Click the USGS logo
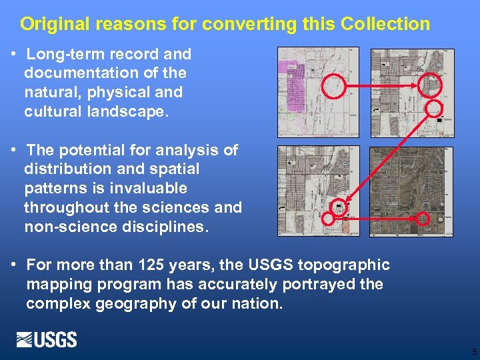[x=47, y=339]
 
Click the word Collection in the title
[x=385, y=25]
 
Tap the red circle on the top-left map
[x=334, y=86]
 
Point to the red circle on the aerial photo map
[x=423, y=218]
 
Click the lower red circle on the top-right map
[x=433, y=108]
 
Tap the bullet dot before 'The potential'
[x=14, y=150]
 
